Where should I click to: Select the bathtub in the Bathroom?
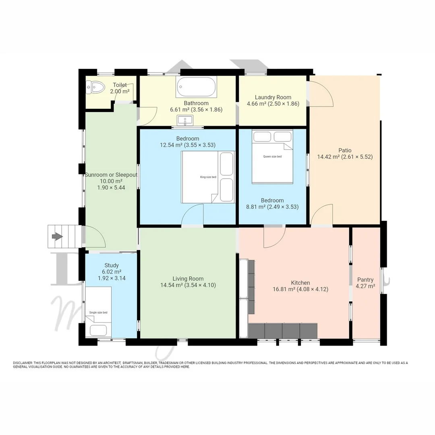point(197,87)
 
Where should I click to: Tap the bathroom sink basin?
point(185,120)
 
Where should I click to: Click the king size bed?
point(208,177)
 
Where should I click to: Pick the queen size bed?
point(272,157)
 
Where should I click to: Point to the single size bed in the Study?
point(98,313)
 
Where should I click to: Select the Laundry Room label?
point(273,97)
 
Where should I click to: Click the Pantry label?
point(365,280)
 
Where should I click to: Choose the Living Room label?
point(188,278)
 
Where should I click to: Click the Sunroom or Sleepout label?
point(111,175)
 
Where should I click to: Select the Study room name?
point(112,265)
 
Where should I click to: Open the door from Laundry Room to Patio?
point(321,93)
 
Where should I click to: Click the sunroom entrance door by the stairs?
point(93,237)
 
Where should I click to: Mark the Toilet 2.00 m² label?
point(120,88)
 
